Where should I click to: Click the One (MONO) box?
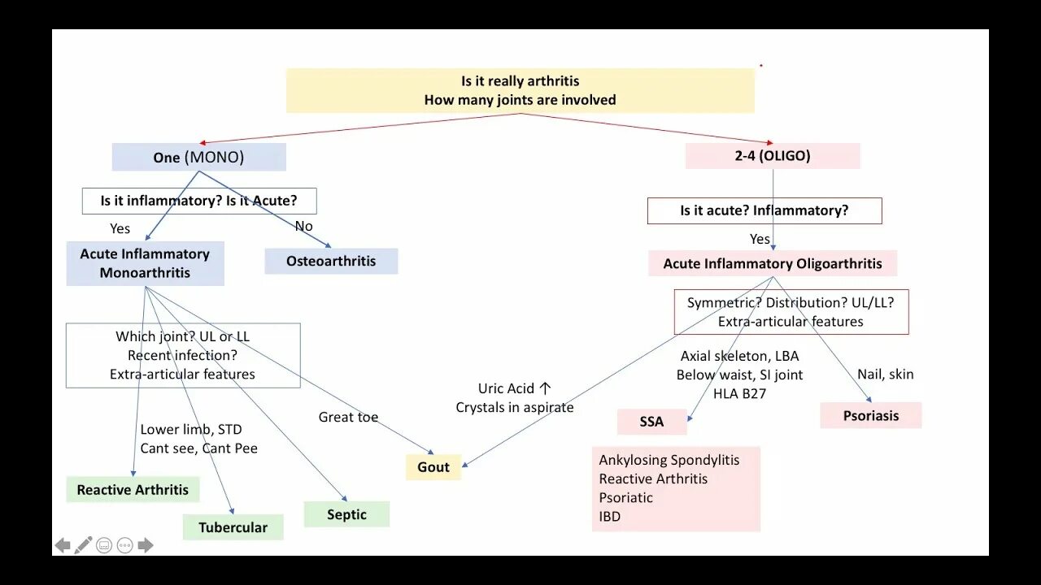click(198, 157)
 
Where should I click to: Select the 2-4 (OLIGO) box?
click(773, 156)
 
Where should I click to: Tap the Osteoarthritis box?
click(331, 261)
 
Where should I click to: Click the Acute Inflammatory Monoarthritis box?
click(145, 263)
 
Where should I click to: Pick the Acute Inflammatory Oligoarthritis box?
click(773, 263)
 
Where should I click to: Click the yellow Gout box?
click(433, 467)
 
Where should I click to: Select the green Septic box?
click(346, 514)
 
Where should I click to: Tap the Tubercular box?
click(233, 527)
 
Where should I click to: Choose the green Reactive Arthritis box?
click(133, 489)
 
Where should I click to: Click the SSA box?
click(651, 422)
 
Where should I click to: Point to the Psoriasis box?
click(871, 415)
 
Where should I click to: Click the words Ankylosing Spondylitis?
click(669, 460)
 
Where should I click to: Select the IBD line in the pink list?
click(610, 517)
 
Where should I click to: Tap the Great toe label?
click(348, 417)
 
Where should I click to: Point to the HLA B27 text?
click(739, 393)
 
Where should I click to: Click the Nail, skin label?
click(886, 375)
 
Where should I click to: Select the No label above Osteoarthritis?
click(303, 227)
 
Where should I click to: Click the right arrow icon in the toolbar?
click(146, 545)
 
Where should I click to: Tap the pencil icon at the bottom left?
click(83, 545)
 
